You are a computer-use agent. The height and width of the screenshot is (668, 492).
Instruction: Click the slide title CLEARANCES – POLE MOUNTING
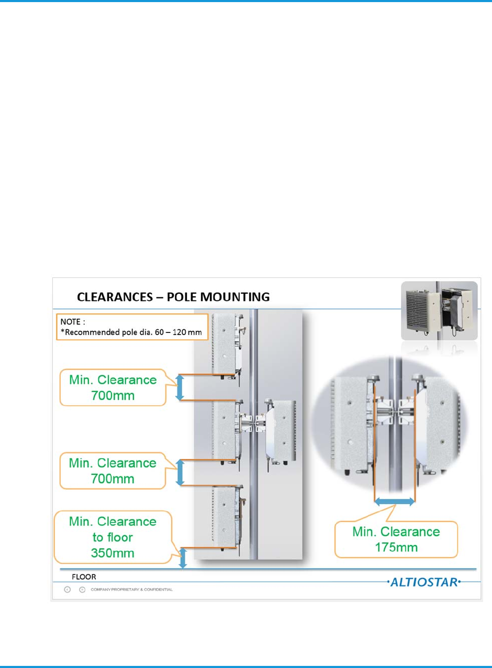[173, 297]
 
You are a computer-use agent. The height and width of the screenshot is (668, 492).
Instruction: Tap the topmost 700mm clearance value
[113, 395]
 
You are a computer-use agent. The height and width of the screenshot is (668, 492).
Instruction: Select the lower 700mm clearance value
[113, 478]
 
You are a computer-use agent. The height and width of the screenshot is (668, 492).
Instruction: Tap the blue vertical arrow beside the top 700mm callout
[180, 387]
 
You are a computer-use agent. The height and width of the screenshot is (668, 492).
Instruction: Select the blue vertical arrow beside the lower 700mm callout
[180, 472]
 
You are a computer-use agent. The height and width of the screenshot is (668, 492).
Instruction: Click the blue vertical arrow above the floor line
[183, 558]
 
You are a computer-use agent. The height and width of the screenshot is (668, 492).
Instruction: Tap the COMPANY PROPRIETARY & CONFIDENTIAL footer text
[131, 590]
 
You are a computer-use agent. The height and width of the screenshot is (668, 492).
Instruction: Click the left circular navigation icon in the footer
[68, 589]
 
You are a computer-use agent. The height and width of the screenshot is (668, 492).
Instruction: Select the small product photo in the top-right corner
[439, 311]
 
